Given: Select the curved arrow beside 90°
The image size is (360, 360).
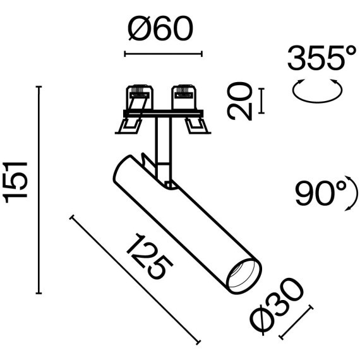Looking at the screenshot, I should click(348, 195).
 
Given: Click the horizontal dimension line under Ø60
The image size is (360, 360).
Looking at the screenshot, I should click(163, 54).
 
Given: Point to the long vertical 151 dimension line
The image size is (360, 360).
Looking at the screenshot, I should click(40, 189).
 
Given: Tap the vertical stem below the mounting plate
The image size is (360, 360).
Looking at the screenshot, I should click(162, 142).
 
